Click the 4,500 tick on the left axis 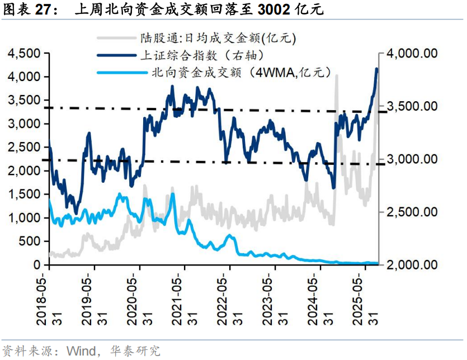[25, 54]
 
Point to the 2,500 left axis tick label [25, 147]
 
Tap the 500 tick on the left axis [30, 241]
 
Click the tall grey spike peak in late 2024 [337, 75]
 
